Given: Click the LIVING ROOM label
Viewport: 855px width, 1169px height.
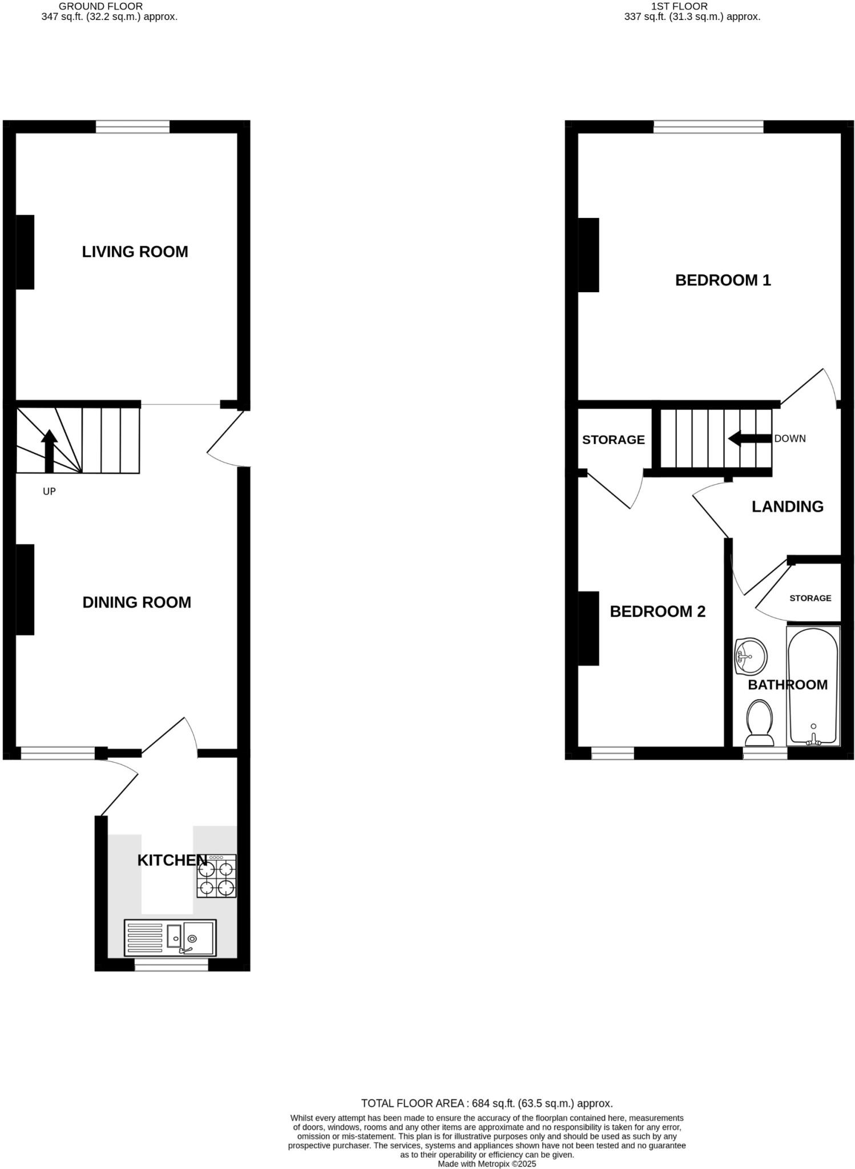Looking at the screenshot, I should click(135, 252).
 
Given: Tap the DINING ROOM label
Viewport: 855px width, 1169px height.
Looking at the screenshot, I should click(136, 602).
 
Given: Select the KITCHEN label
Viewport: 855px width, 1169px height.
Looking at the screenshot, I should click(172, 860).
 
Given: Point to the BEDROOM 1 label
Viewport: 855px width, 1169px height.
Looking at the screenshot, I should click(723, 280).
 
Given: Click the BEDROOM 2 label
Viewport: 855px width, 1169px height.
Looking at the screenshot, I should click(658, 611).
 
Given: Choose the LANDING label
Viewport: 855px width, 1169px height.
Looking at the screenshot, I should click(787, 506).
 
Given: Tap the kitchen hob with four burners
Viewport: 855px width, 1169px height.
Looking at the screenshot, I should click(217, 876).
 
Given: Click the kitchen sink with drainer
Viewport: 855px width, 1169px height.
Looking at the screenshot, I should click(170, 937).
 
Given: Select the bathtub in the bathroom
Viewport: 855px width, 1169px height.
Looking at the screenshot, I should click(813, 685).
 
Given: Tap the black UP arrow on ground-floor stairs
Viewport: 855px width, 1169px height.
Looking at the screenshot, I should click(50, 450).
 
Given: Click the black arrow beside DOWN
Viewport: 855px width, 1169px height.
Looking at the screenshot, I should click(749, 439).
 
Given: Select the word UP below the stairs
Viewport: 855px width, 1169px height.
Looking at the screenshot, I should click(49, 491).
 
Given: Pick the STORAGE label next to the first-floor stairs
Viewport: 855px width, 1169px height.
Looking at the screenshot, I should click(613, 440).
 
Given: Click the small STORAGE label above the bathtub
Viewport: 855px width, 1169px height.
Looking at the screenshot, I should click(810, 598).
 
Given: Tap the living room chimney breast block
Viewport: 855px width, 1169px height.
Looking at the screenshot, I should click(25, 252).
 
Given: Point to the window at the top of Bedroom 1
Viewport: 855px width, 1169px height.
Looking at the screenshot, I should click(708, 127).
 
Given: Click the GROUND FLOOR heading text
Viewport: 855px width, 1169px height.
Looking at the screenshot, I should click(101, 6).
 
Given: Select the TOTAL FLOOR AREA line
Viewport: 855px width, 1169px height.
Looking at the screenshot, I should click(487, 1103).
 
